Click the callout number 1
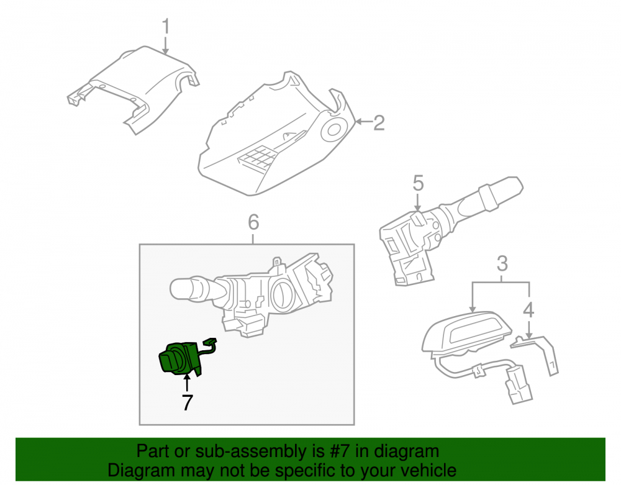point(166,27)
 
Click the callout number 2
point(379,123)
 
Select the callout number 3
point(502,263)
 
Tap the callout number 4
point(528,310)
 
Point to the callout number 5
point(418,183)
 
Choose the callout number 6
point(253,222)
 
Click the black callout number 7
point(187,402)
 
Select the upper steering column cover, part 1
point(133,89)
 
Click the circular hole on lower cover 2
point(333,129)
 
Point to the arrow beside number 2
point(363,122)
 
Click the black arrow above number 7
point(186,383)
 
